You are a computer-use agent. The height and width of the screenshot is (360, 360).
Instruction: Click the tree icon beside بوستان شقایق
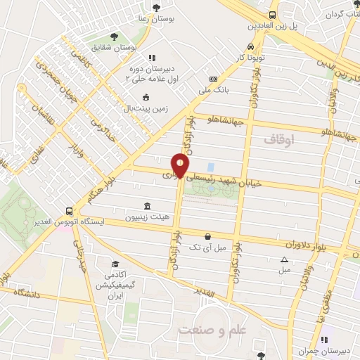113,35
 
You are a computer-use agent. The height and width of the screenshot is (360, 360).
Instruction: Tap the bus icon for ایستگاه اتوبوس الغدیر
69,211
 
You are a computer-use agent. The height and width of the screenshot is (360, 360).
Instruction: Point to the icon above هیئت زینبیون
146,206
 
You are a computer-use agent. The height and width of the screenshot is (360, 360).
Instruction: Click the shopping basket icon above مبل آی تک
207,237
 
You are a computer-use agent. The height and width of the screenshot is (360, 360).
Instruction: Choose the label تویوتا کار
251,57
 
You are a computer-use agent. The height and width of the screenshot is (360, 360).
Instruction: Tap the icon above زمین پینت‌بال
146,97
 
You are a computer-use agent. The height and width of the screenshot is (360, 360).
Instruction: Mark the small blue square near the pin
211,167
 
